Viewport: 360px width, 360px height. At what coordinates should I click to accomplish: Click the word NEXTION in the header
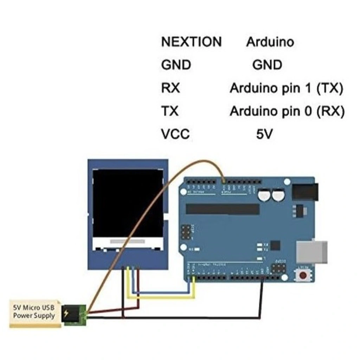pyautogui.click(x=191, y=42)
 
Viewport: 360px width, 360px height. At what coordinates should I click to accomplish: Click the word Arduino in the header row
pyautogui.click(x=270, y=42)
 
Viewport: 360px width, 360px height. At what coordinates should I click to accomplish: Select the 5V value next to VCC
pyautogui.click(x=264, y=134)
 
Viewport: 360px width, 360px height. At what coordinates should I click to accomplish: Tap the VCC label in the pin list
pyautogui.click(x=175, y=134)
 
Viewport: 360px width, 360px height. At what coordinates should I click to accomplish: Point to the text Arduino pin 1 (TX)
pyautogui.click(x=286, y=88)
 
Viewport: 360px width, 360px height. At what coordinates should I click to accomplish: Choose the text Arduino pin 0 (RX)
pyautogui.click(x=287, y=111)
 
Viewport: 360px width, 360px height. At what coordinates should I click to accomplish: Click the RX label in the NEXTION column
pyautogui.click(x=171, y=88)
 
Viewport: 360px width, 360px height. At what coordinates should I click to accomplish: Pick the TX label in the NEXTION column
pyautogui.click(x=170, y=111)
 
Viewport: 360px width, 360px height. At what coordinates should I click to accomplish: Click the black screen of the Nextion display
pyautogui.click(x=128, y=203)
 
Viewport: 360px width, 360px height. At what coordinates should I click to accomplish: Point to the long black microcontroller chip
pyautogui.click(x=223, y=209)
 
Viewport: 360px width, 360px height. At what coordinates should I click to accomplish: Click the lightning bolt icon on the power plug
pyautogui.click(x=66, y=313)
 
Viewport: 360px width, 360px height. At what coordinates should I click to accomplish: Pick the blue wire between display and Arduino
pyautogui.click(x=162, y=292)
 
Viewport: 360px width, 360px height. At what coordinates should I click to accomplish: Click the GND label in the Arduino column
pyautogui.click(x=267, y=65)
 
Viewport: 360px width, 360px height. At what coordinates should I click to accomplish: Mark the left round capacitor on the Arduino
pyautogui.click(x=264, y=196)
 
